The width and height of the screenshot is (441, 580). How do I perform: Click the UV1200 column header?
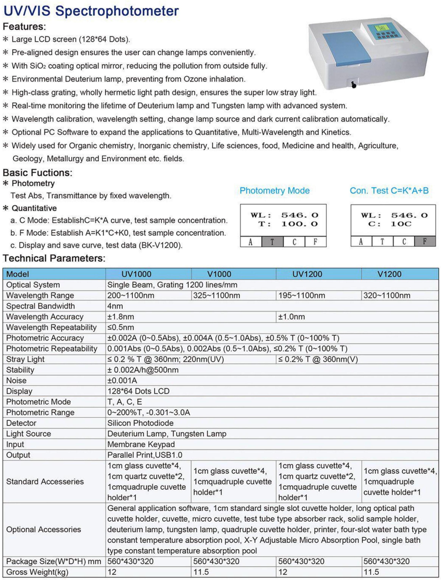tap(307, 274)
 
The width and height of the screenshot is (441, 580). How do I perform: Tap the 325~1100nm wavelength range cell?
tap(217, 296)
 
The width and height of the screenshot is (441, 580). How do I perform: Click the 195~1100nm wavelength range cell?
tap(302, 296)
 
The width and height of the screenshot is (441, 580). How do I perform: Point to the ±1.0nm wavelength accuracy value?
tap(291, 317)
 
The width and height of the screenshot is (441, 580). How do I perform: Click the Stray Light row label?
tap(25, 359)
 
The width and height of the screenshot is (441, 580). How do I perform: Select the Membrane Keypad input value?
tap(141, 444)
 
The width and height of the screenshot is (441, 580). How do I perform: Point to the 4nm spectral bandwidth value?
tap(115, 306)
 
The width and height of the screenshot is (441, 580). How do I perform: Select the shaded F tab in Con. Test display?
tap(425, 241)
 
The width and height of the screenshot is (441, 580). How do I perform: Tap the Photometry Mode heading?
tap(274, 191)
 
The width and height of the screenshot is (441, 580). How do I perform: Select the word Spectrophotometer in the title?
tap(117, 11)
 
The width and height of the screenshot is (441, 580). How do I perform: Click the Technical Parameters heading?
tap(54, 258)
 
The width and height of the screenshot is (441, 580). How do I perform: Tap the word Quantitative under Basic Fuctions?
tap(34, 208)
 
